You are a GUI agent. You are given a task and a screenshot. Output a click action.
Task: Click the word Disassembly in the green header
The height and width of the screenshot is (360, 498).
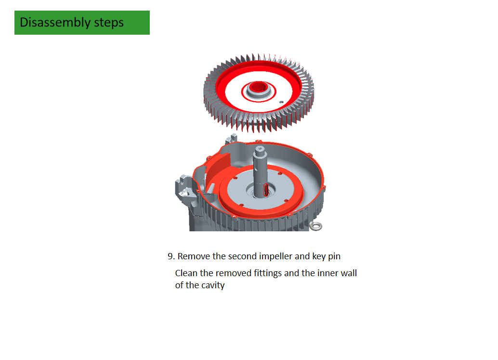click(55, 23)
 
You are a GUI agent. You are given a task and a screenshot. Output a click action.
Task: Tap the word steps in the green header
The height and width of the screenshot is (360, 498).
click(109, 23)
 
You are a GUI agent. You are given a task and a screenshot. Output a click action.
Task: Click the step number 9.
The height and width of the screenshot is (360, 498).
click(171, 256)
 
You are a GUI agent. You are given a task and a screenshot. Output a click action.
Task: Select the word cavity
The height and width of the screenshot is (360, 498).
click(213, 285)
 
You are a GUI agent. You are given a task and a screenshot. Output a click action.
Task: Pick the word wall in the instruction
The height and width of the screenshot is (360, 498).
click(349, 273)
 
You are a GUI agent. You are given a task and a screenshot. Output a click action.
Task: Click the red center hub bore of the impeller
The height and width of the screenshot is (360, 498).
click(258, 87)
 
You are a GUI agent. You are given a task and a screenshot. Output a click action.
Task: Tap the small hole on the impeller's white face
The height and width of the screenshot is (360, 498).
click(281, 102)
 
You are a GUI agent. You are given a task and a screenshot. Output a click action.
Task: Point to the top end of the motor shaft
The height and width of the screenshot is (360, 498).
click(260, 148)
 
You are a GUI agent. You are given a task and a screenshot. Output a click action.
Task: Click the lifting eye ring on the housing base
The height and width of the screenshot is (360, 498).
click(316, 226)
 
